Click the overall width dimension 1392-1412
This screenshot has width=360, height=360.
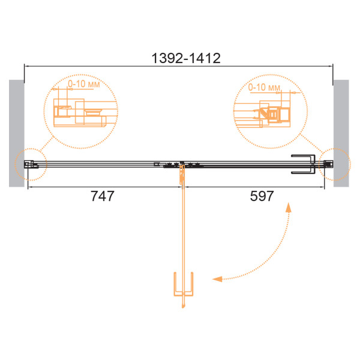coord(186,58)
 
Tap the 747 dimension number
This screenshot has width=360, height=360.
coord(103,196)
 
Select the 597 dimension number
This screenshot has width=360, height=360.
coord(262,196)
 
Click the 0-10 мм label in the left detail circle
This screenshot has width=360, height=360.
coord(84,84)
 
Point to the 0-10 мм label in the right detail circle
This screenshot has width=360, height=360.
coord(264,87)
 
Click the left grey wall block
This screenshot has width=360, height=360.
coord(17,133)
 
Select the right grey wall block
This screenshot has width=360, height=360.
coord(341,133)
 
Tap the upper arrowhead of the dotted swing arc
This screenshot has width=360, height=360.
coord(289,207)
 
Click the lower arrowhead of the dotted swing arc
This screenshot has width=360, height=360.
coord(217,279)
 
